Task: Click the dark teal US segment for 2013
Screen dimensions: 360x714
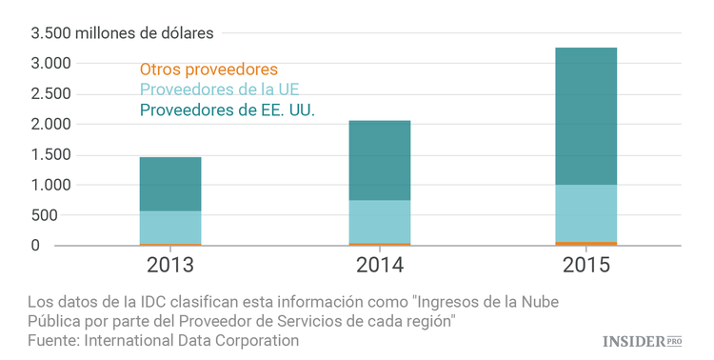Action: pos(170,184)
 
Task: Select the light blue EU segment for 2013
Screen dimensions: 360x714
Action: pos(170,227)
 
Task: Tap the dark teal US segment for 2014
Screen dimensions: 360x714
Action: pos(380,160)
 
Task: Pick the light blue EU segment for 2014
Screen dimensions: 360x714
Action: pos(380,221)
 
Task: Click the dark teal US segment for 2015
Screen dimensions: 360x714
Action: pos(585,116)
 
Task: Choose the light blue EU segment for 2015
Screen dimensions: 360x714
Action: pos(585,213)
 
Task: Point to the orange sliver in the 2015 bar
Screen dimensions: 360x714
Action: pos(585,244)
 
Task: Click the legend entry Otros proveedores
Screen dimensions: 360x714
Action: pos(208,70)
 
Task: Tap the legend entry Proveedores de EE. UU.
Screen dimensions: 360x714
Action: pos(227,110)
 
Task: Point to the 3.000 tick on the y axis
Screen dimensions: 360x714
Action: pos(50,64)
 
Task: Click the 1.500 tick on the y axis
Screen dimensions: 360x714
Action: pos(50,154)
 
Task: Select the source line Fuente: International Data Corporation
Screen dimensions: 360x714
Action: pos(163,340)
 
